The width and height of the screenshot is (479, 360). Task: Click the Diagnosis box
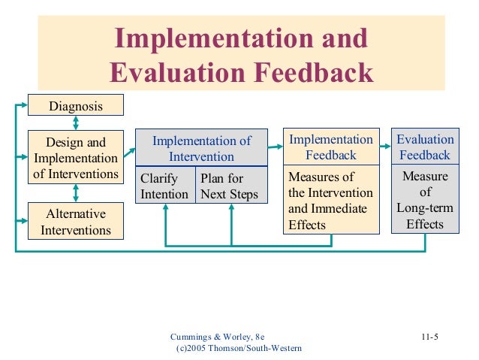tap(76, 107)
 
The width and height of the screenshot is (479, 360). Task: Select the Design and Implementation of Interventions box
tap(76, 158)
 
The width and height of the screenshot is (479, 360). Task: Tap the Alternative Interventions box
tap(76, 221)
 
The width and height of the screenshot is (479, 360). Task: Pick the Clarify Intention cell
tap(165, 186)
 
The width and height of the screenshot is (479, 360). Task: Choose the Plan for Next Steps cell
tap(230, 186)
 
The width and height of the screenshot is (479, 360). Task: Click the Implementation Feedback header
tap(331, 147)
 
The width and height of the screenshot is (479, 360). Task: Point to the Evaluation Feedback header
tap(425, 147)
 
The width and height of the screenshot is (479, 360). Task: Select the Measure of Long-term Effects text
tap(425, 200)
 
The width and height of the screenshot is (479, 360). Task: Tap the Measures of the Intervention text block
tap(331, 201)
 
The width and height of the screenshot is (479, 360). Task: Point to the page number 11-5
tap(429, 336)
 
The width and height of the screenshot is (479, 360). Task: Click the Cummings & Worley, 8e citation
tap(218, 336)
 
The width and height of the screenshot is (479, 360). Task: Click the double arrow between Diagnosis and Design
tap(76, 123)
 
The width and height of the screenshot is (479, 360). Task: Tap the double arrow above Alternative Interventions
tap(76, 193)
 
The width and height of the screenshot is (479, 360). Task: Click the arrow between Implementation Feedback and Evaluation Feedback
tap(385, 148)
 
